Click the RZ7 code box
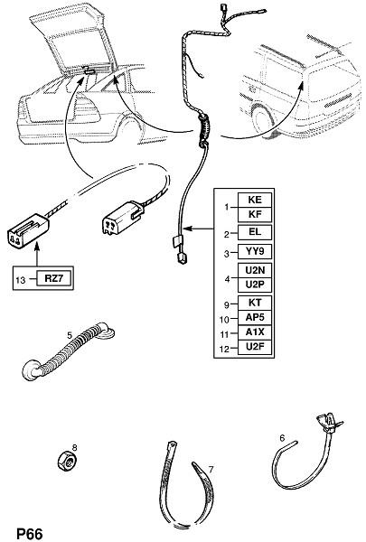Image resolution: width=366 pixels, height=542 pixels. tap(54, 278)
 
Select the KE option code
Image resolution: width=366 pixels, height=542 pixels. tap(255, 200)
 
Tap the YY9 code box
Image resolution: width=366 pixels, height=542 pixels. tap(255, 251)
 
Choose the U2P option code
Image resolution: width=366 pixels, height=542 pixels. tap(255, 285)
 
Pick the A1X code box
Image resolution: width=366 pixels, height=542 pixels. tap(255, 332)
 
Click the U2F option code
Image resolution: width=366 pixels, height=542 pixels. tap(255, 346)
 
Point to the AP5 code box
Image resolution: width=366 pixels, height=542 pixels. tap(255, 317)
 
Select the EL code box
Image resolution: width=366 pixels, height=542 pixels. tap(255, 232)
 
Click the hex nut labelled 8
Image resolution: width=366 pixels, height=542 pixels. tap(67, 461)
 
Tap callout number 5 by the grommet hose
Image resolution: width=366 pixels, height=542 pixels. tap(70, 335)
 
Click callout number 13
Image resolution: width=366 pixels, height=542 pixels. tap(21, 279)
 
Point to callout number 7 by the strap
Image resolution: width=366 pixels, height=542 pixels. tap(211, 470)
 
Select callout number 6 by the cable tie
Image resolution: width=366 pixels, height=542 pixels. tap(282, 438)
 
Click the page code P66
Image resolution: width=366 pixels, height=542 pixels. tap(30, 534)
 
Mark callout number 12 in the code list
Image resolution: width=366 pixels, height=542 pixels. tap(224, 349)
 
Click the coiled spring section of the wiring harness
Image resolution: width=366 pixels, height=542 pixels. tap(204, 128)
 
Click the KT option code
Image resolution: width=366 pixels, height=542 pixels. tap(255, 303)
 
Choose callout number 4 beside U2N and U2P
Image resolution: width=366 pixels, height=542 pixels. tap(227, 278)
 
